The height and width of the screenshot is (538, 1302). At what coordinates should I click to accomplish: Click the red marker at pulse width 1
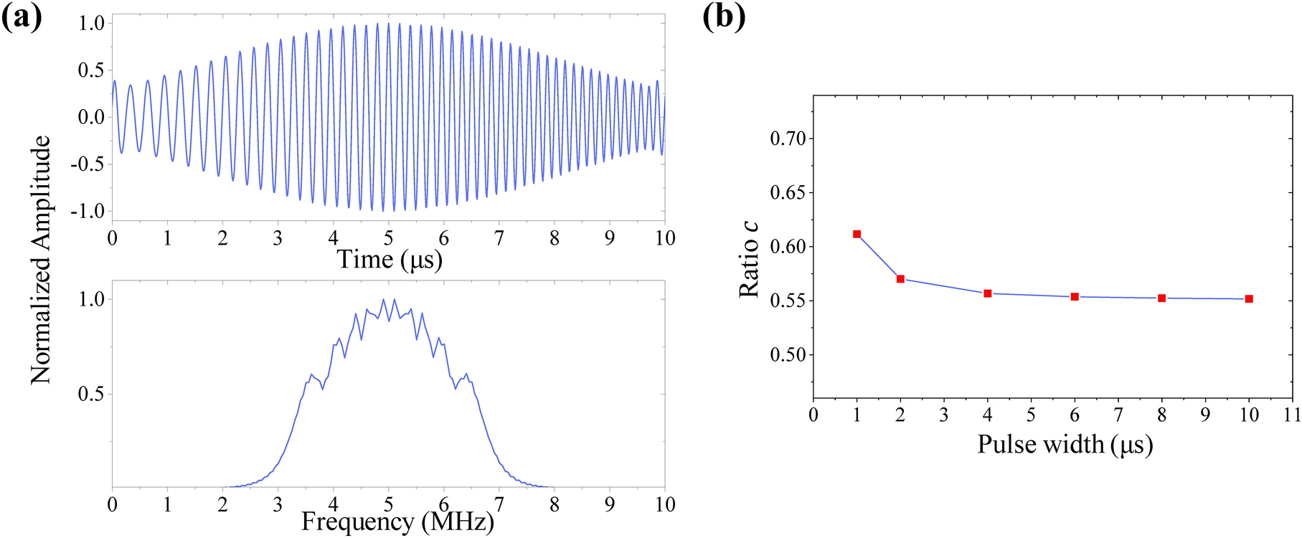[857, 234]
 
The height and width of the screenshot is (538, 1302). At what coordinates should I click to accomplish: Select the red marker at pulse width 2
[900, 279]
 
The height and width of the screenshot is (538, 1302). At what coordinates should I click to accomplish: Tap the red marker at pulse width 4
[988, 293]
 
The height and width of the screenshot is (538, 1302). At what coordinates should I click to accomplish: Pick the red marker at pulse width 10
[1249, 299]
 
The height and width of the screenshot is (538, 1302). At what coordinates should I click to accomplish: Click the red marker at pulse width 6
[1075, 296]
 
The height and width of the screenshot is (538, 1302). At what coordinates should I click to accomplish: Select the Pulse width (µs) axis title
[1065, 445]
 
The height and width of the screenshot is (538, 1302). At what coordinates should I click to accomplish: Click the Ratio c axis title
[750, 258]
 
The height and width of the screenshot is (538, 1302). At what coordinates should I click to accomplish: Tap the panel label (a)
[22, 16]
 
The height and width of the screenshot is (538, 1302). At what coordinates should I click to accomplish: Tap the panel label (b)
[723, 16]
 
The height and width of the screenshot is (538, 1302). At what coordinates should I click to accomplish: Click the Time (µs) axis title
[390, 259]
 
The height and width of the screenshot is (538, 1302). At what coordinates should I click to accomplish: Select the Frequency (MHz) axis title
[397, 522]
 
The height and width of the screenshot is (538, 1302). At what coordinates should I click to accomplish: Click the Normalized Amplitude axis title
[41, 259]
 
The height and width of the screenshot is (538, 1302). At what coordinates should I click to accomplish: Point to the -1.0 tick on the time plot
[88, 211]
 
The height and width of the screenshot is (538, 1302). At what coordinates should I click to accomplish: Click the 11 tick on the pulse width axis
[1292, 415]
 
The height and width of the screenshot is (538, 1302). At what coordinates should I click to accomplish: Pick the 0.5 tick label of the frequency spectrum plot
[90, 394]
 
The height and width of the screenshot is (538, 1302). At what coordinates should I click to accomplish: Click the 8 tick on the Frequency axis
[554, 504]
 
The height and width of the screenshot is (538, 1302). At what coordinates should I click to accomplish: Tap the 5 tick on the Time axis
[388, 238]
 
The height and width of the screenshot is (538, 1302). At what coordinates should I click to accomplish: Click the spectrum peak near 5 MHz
[384, 300]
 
